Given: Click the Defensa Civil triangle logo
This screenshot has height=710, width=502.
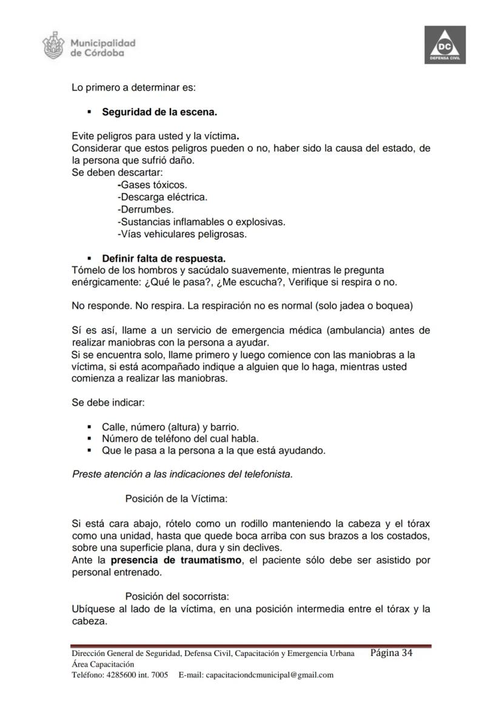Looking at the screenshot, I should pyautogui.click(x=445, y=45).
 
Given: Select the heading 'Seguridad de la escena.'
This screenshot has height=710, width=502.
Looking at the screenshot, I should pyautogui.click(x=159, y=112).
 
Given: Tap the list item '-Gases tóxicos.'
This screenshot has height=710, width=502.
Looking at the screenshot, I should pyautogui.click(x=152, y=185).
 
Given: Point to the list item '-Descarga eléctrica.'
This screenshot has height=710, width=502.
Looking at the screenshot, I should pyautogui.click(x=162, y=197).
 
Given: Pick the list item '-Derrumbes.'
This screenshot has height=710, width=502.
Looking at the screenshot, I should pyautogui.click(x=146, y=210).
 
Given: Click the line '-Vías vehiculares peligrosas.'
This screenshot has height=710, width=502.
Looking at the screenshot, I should pyautogui.click(x=182, y=234).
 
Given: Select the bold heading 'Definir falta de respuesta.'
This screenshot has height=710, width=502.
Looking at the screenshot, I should pyautogui.click(x=164, y=258).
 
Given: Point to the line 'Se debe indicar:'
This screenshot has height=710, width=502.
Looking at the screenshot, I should pyautogui.click(x=108, y=402).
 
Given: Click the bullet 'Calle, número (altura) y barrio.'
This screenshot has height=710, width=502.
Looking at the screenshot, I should pyautogui.click(x=170, y=427).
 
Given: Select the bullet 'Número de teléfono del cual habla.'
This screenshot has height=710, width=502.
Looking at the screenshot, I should pyautogui.click(x=180, y=438).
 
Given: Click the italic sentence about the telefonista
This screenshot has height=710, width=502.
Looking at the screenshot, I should pyautogui.click(x=182, y=474).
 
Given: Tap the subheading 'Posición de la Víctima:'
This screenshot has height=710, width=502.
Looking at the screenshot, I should pyautogui.click(x=176, y=499).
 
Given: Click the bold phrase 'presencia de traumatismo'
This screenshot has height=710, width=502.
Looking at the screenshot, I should pyautogui.click(x=176, y=560).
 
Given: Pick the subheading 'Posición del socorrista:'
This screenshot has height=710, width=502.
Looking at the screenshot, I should pyautogui.click(x=177, y=596).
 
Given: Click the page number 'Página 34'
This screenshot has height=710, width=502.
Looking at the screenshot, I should pyautogui.click(x=391, y=653).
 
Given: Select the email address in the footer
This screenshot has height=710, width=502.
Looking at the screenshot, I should pyautogui.click(x=270, y=675).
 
